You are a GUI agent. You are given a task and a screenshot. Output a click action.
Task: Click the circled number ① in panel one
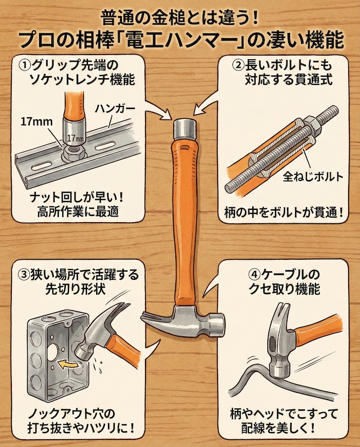point(25,66)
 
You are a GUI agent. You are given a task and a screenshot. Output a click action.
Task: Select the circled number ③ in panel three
point(25,274)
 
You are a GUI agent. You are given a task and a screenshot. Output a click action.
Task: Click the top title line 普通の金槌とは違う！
point(180,16)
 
